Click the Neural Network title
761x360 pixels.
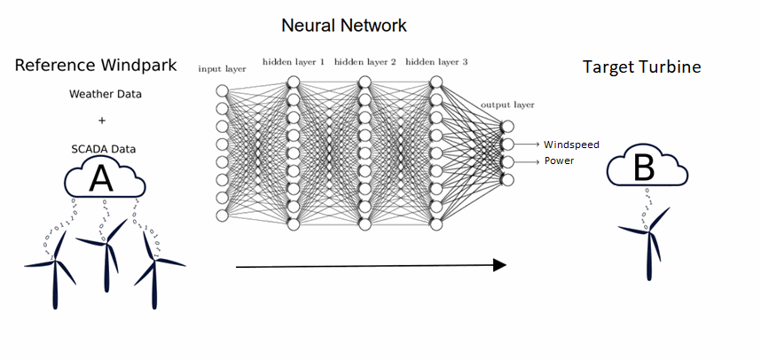344,25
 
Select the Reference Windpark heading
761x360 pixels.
96,66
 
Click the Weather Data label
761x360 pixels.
104,94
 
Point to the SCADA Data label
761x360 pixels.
103,148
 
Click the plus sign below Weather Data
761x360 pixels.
102,121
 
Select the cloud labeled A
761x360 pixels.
103,179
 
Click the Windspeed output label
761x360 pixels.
571,144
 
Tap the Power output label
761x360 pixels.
559,161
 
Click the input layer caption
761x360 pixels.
222,68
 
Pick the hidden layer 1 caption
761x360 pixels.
294,62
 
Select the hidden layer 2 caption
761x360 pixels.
365,62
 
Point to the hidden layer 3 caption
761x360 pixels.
435,62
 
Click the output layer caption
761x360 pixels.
507,105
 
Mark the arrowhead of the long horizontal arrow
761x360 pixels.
498,265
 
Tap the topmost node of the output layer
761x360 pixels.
507,126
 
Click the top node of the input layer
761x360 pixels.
223,90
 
